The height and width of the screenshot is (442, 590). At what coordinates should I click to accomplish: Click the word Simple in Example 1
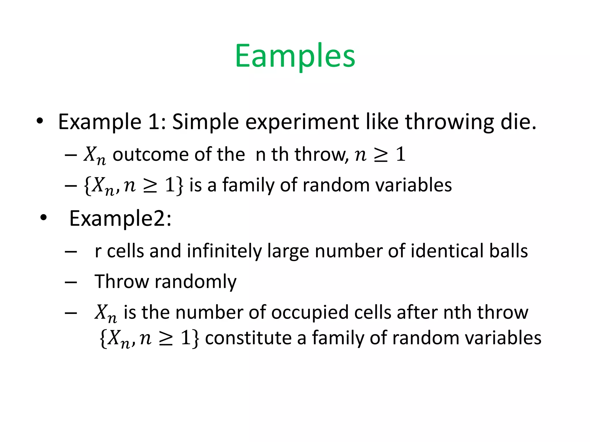(205, 122)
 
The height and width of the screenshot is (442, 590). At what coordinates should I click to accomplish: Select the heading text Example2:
(120, 219)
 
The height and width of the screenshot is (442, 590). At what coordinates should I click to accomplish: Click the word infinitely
(224, 251)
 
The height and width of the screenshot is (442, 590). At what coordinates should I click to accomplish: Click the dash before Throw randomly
(71, 282)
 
